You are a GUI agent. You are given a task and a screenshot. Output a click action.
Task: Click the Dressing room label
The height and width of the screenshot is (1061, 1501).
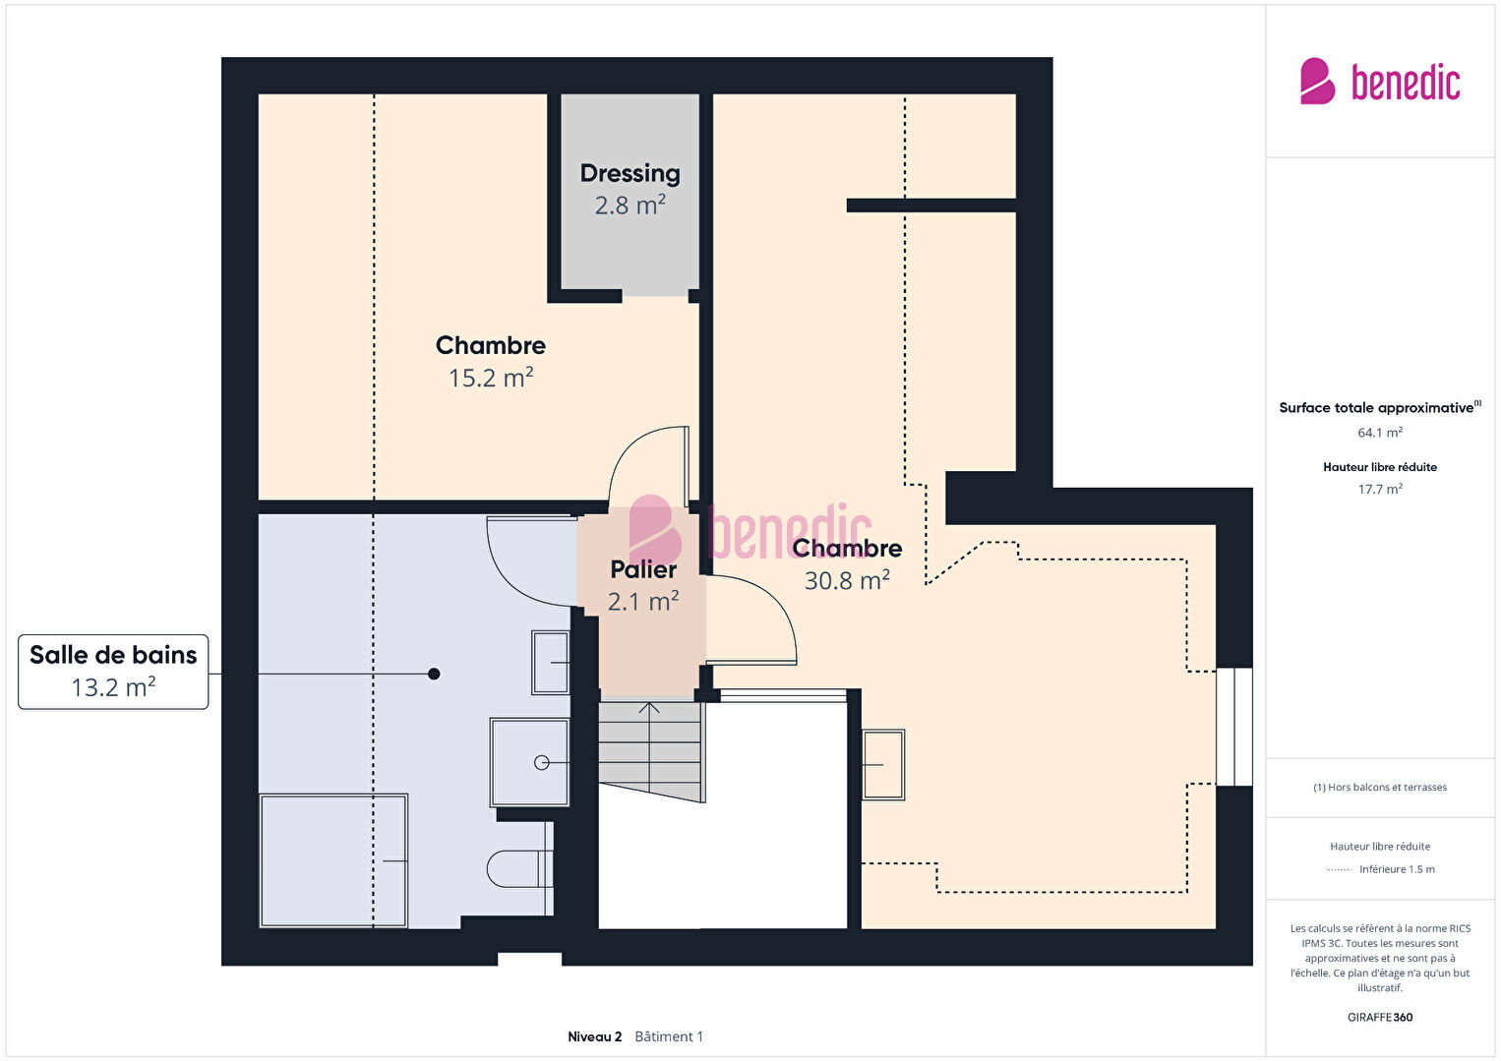pos(630,173)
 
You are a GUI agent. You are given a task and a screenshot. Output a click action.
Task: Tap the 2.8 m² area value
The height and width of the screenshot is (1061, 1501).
pos(630,205)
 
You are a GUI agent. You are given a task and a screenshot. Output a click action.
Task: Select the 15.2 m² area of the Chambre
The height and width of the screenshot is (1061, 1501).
pos(491,378)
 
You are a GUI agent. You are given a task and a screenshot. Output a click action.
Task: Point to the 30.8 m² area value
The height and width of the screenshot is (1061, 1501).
pos(847,580)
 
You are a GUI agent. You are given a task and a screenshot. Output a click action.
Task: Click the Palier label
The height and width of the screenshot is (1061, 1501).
pos(643,569)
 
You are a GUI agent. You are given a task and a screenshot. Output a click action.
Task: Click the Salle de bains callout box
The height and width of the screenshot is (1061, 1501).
pos(113,672)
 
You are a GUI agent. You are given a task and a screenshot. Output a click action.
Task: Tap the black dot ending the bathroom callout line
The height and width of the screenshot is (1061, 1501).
pos(434,674)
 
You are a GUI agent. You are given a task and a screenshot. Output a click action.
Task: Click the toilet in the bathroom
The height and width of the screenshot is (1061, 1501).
pos(520,868)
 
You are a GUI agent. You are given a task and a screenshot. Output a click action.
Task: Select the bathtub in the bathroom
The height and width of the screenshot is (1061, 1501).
pos(333,860)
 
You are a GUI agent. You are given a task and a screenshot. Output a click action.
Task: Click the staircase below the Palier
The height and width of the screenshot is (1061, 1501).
pos(650,751)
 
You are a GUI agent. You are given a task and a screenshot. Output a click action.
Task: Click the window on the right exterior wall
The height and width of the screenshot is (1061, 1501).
pos(1234,727)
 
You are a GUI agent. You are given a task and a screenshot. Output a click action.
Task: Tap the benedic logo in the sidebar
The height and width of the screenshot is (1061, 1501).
pos(1380,81)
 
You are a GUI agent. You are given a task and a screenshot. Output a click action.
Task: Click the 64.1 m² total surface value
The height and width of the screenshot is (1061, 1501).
pos(1380,433)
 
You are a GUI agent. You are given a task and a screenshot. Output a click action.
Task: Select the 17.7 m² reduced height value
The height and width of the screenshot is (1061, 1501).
pos(1380,489)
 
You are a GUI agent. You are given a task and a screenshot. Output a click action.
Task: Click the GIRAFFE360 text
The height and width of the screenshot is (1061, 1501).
pos(1380,1017)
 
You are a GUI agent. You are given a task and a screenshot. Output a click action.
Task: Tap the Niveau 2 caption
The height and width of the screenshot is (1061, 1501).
pos(594,1036)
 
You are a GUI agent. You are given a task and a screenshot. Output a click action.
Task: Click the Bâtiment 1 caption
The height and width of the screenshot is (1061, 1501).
pos(669,1036)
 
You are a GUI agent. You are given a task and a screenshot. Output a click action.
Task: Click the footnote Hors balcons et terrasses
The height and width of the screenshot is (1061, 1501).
pos(1380,787)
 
